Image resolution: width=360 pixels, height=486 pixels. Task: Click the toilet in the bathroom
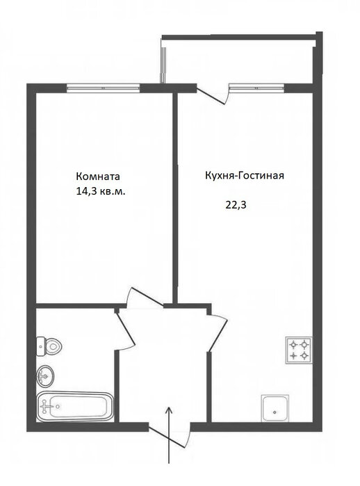pos(49,346)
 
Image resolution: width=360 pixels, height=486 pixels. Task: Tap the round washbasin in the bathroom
pos(45,376)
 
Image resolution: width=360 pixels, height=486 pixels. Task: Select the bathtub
pos(75,406)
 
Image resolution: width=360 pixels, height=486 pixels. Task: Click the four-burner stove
pos(299,350)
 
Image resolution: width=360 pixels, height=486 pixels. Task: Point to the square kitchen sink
pos(275,408)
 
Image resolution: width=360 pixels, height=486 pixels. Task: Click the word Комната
pos(98,177)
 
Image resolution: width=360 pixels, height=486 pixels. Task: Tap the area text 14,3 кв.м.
pos(101,191)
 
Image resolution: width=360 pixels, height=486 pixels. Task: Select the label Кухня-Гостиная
pos(245,175)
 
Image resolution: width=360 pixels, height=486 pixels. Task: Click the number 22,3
pos(236,205)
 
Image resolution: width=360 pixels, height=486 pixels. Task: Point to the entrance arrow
pos(169,435)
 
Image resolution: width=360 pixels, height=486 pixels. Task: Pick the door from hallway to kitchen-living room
pos(218,332)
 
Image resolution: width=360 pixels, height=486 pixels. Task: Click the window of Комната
pos(104,88)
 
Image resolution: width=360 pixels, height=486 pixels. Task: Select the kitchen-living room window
pos(256,88)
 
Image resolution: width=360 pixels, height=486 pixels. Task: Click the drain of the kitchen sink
pos(275,412)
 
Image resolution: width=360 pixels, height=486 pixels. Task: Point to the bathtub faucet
pos(46,406)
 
